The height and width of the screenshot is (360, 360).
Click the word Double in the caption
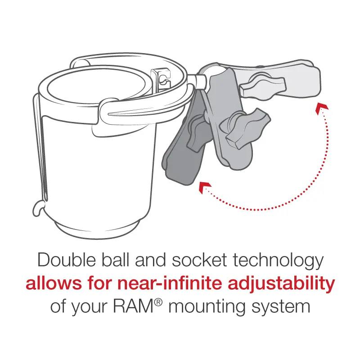tap(66, 260)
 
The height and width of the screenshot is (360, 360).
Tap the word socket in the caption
tap(199, 260)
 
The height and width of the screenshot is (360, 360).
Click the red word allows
tap(54, 283)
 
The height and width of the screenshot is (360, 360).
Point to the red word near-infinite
tap(170, 283)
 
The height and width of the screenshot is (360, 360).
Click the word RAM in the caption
tap(133, 306)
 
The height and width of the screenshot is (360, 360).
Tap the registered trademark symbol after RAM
tap(158, 302)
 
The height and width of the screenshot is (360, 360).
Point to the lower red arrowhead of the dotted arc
tap(205, 187)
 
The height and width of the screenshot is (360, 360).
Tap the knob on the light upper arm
tap(262, 86)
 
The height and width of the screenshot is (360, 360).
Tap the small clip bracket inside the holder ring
tap(161, 77)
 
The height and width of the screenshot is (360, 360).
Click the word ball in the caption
tap(116, 260)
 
